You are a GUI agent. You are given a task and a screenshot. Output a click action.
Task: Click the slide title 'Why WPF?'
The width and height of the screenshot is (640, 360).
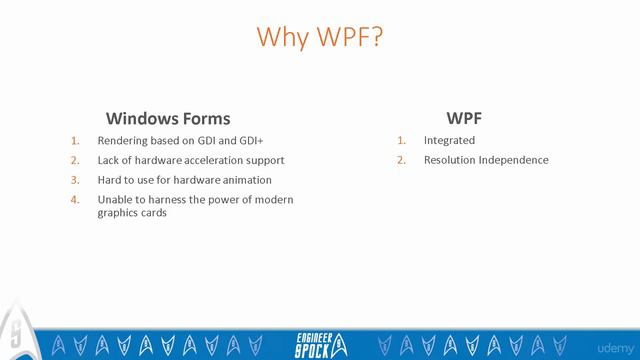coord(319,37)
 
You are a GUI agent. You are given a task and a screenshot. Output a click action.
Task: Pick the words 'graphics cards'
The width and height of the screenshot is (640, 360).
coord(132,212)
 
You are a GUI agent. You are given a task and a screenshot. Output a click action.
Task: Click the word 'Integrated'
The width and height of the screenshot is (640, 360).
coord(449,140)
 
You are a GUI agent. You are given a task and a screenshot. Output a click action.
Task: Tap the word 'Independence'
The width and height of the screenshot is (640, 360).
coord(515,160)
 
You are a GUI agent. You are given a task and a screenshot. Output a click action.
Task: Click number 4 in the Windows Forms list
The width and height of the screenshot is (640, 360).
coord(74,200)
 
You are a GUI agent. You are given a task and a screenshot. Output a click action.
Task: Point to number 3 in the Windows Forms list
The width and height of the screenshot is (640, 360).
coord(74,180)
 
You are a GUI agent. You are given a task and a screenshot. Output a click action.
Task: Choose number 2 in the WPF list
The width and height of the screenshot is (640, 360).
coord(402,160)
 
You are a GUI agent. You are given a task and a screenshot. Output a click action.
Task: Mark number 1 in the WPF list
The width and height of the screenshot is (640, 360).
coord(402,140)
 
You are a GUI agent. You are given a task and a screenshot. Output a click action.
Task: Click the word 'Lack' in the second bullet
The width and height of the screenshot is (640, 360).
coord(109,160)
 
